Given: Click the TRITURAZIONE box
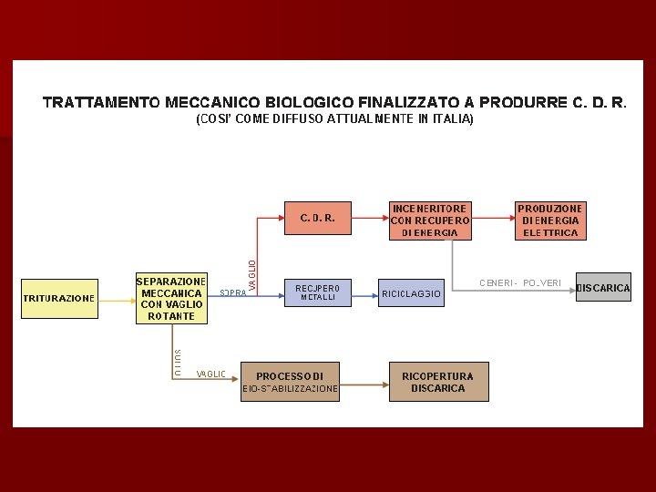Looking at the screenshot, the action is tap(58, 298).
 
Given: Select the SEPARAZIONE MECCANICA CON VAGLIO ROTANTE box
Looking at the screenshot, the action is tap(171, 298).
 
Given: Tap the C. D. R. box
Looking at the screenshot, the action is tap(318, 219).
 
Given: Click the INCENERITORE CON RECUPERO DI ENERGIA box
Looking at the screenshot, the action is tap(430, 220).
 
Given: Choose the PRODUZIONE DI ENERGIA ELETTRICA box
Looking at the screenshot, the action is tap(550, 220).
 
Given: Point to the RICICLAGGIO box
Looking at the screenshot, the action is tap(411, 293).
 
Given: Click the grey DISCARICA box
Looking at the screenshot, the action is tap(603, 288).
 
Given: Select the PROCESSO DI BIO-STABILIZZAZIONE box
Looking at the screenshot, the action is tap(290, 382).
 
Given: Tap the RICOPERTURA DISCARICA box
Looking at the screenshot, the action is tap(438, 382).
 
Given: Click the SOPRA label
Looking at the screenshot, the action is tap(233, 293).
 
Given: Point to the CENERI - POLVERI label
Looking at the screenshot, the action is tap(520, 282).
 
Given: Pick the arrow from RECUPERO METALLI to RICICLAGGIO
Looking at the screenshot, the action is tap(364, 293).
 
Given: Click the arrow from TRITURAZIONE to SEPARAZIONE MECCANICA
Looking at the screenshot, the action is tap(116, 298).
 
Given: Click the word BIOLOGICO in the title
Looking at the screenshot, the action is tap(309, 102).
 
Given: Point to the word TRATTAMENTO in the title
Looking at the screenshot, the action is tap(98, 102).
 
